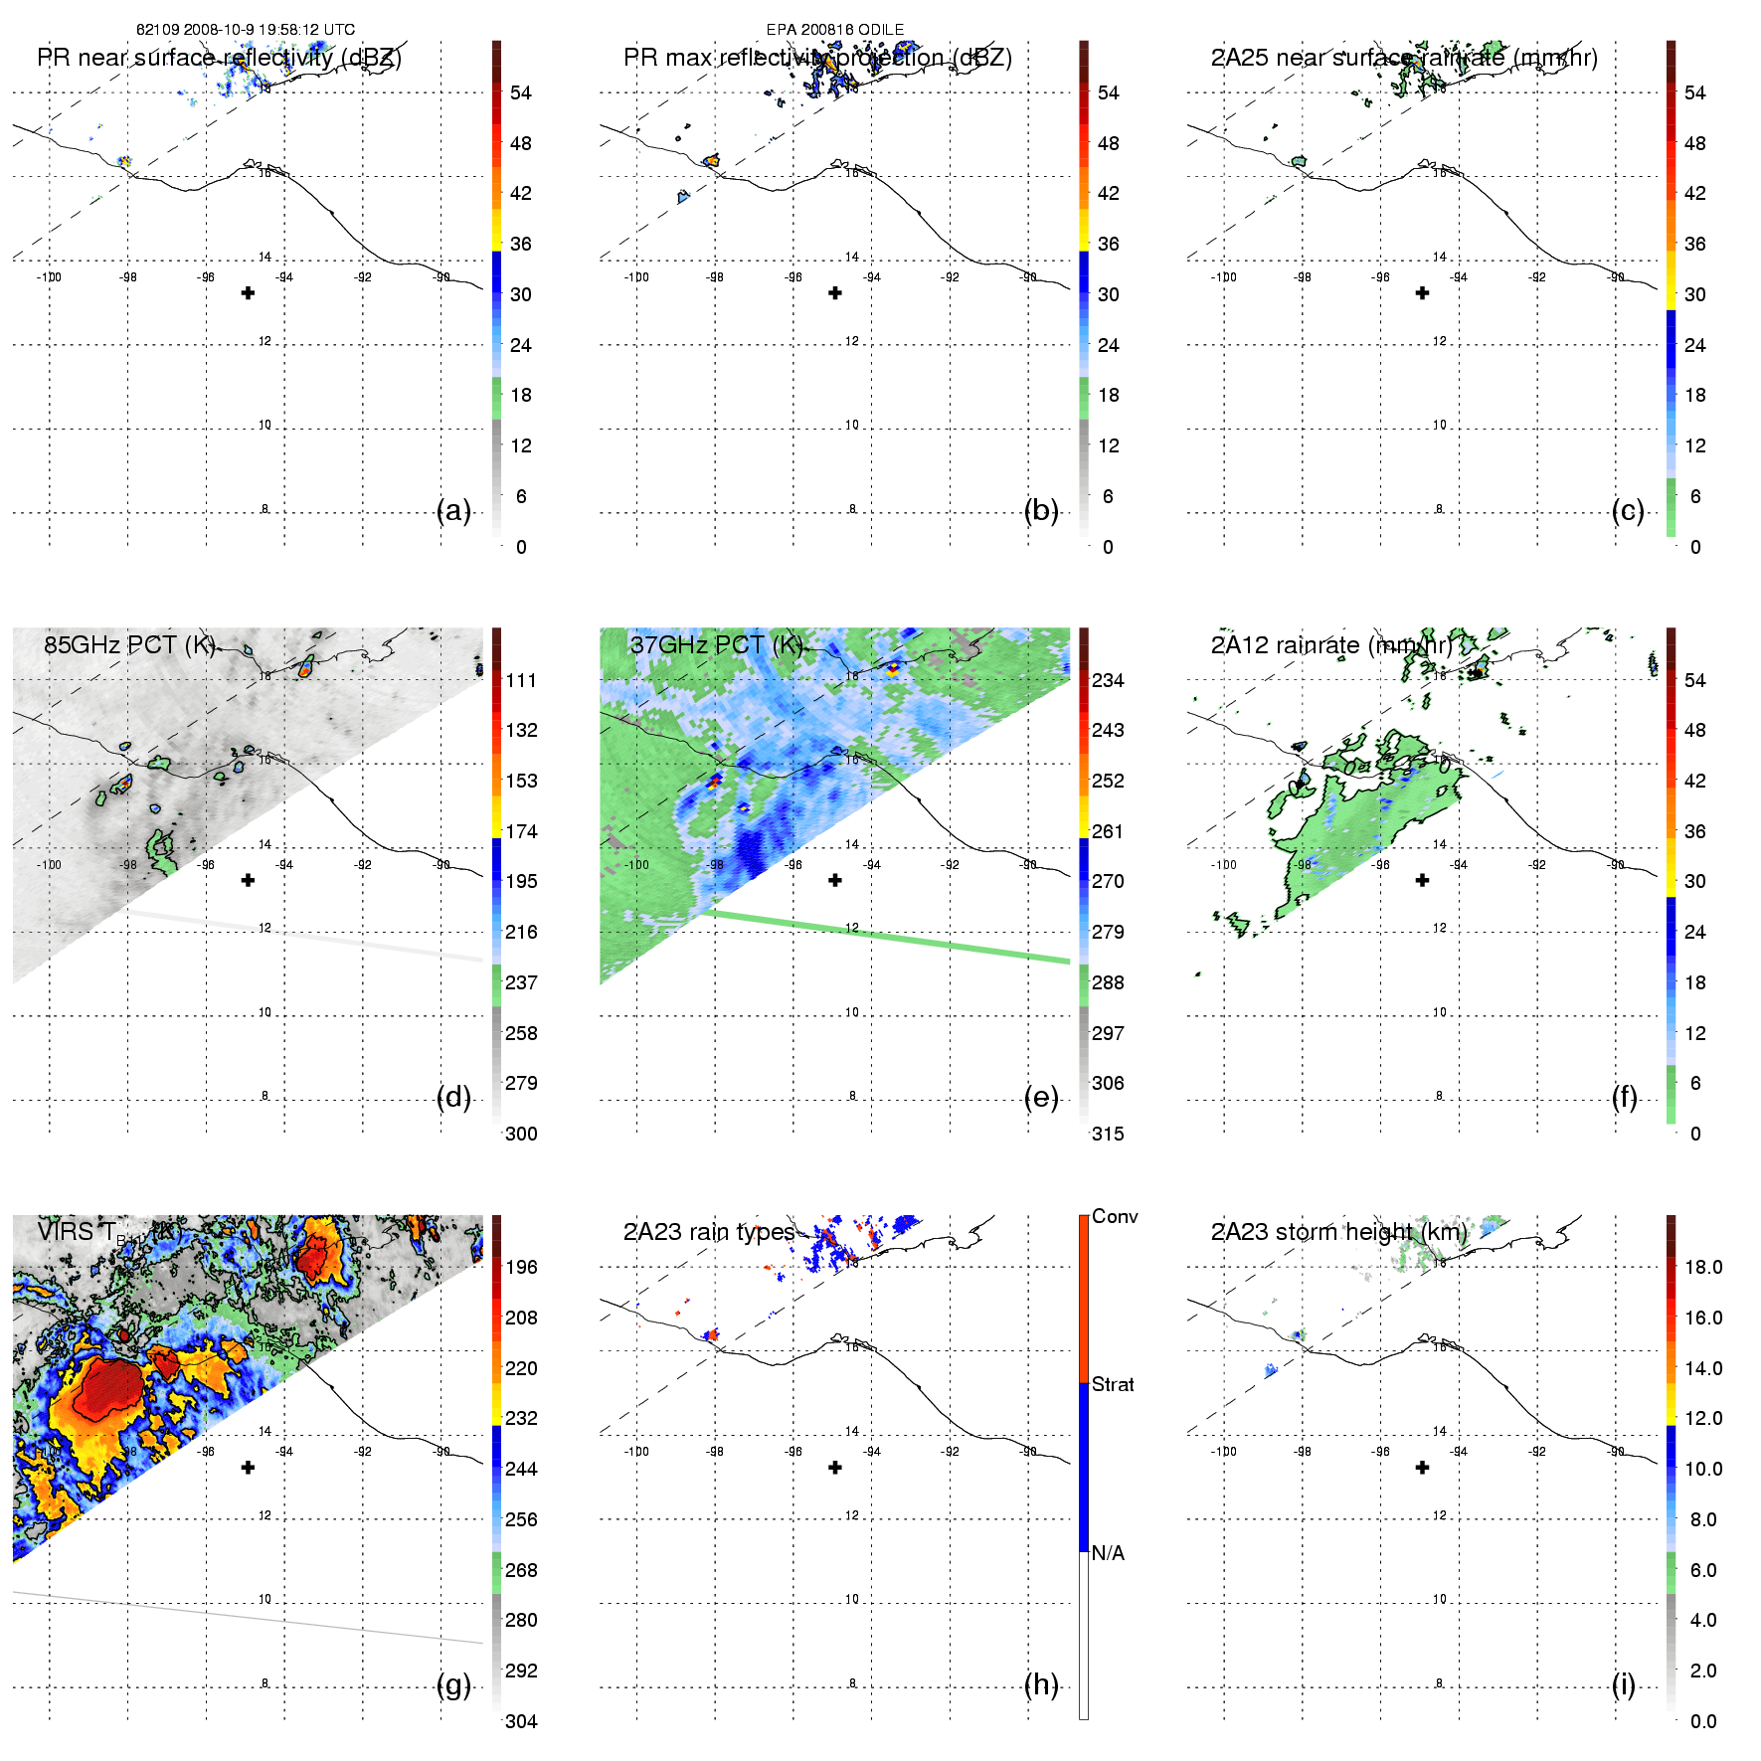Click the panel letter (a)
453,511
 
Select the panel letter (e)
1040,1098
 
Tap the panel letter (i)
1623,1685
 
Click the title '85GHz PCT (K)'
129,644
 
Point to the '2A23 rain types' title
709,1232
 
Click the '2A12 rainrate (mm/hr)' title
1331,644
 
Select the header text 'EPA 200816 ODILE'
835,30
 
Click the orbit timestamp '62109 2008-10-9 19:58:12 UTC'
246,30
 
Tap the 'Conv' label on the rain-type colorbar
1115,1216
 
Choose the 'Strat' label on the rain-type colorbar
1113,1384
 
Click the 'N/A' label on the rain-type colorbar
1108,1553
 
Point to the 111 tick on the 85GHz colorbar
521,680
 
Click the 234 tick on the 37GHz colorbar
1108,680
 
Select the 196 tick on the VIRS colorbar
521,1267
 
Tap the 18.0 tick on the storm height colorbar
1703,1267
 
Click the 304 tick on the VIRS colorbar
521,1721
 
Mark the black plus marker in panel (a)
249,293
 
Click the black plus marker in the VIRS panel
249,1468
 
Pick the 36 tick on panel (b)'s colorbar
1108,244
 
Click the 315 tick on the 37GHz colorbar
1108,1134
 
